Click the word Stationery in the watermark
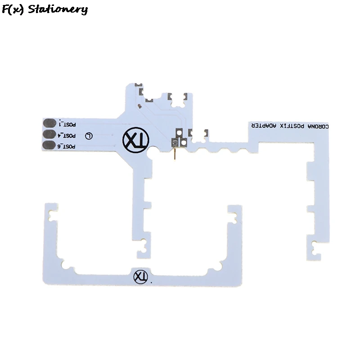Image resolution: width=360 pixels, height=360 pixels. (57, 9)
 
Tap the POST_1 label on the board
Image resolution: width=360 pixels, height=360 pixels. (67, 123)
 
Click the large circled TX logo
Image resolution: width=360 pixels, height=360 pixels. (135, 140)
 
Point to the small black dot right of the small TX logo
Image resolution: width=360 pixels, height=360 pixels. (151, 282)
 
